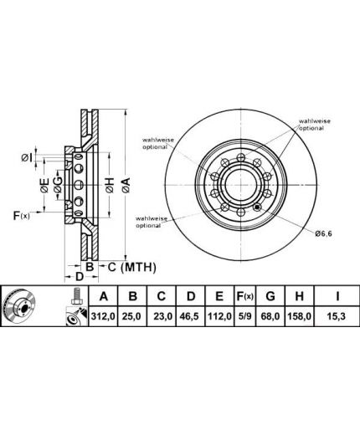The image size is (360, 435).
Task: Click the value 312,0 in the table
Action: [103, 316]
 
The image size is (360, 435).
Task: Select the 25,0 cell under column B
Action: [131, 316]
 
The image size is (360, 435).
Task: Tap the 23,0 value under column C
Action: [163, 316]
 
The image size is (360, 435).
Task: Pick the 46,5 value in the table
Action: [190, 316]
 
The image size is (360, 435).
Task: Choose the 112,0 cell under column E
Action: [219, 316]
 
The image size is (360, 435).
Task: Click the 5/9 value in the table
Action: [244, 316]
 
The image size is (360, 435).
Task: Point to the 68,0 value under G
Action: [270, 316]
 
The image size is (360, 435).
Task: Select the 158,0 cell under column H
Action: [300, 316]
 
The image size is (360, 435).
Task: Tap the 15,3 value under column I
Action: [337, 316]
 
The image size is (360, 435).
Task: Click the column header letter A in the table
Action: [104, 296]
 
